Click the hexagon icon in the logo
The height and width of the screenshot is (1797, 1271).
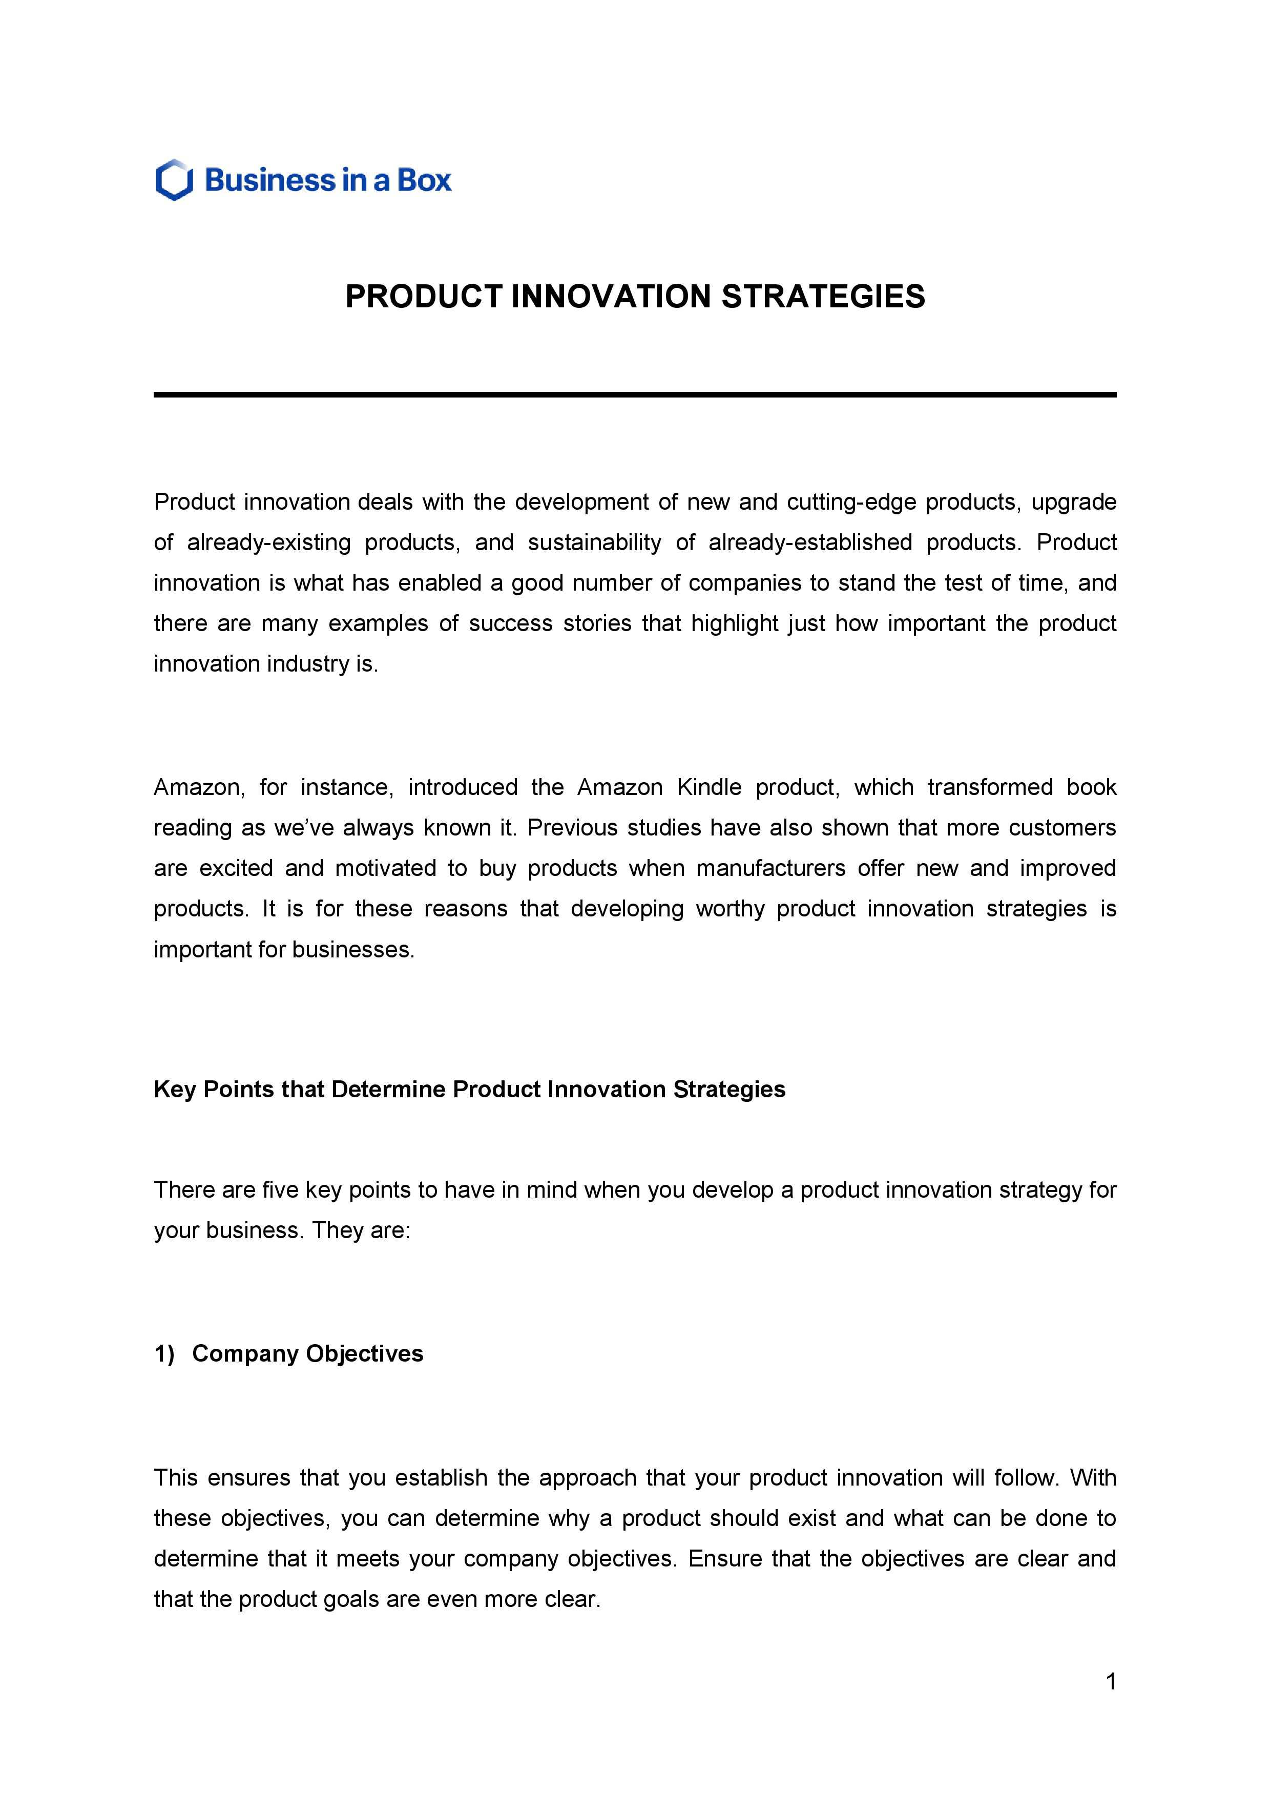pyautogui.click(x=174, y=180)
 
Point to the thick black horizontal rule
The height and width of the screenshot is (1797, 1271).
pyautogui.click(x=635, y=394)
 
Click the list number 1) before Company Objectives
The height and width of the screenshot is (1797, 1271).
pyautogui.click(x=164, y=1354)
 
